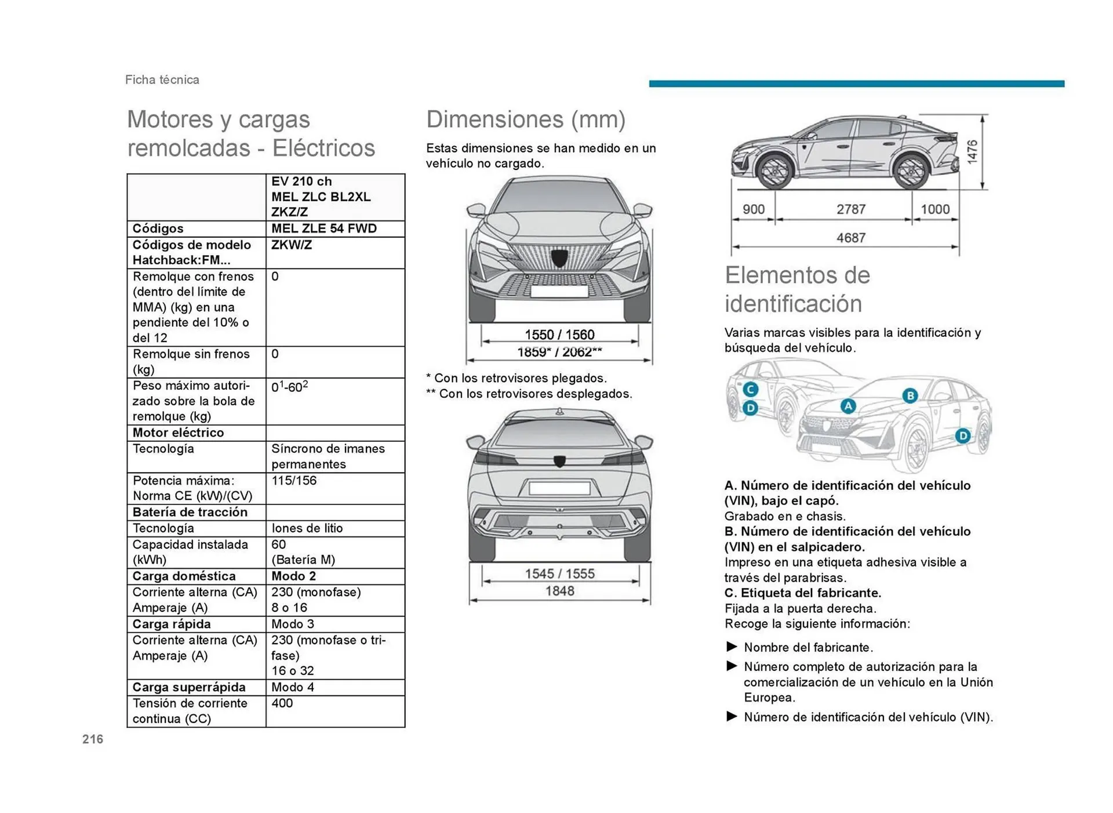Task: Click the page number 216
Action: point(93,739)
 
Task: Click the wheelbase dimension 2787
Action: point(850,209)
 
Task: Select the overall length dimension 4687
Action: point(850,238)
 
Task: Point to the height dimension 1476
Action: point(972,151)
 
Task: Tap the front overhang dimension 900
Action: point(754,209)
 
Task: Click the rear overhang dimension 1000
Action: point(935,209)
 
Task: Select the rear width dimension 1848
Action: point(559,591)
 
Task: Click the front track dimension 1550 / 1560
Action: point(559,335)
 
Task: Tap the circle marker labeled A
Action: point(848,406)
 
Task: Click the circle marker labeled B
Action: point(910,395)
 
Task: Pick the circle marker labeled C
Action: point(750,389)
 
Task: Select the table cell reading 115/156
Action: point(294,481)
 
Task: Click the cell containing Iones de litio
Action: point(307,528)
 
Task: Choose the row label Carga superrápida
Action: point(189,687)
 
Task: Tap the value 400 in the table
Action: point(282,703)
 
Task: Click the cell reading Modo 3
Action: point(293,624)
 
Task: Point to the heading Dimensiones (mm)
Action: point(526,119)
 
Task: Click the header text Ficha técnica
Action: point(162,80)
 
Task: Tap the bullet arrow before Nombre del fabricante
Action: point(732,647)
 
